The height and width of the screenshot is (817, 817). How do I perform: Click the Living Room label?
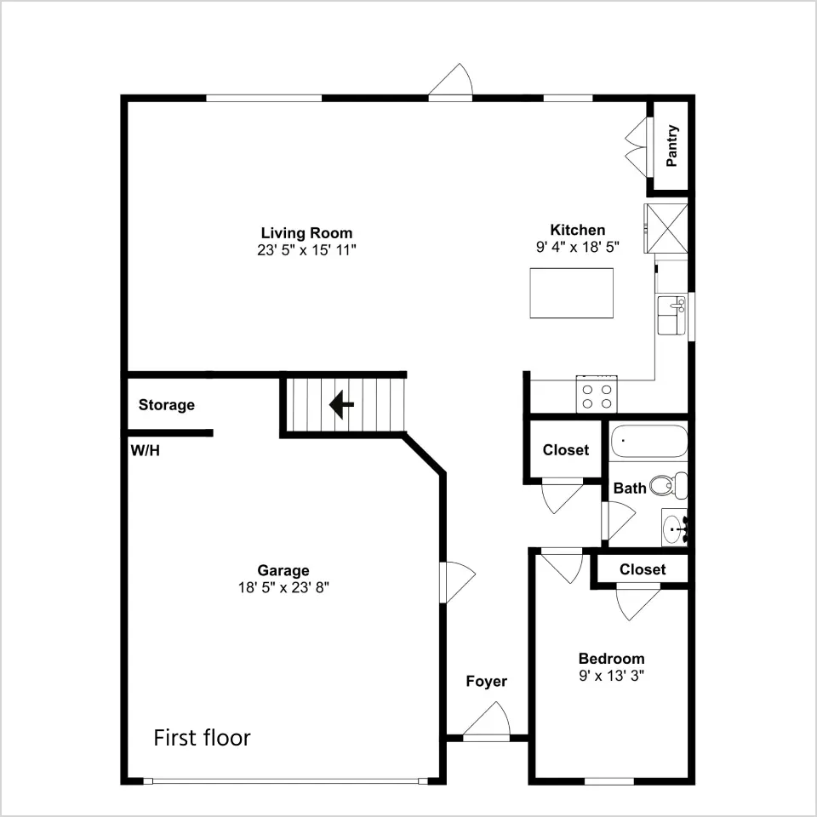pos(306,233)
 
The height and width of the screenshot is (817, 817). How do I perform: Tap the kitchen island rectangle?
pos(572,293)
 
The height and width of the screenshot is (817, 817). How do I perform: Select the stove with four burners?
pos(597,394)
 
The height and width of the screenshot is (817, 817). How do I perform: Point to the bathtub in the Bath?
pos(648,442)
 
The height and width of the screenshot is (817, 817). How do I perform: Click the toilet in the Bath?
pos(669,485)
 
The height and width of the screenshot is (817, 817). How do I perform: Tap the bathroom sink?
pos(675,528)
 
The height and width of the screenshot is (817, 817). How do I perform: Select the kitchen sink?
pos(671,315)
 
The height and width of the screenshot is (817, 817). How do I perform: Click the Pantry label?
pos(672,146)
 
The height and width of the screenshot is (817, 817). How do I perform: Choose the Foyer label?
pos(486,681)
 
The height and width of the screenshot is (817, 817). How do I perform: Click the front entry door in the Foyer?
pos(487,722)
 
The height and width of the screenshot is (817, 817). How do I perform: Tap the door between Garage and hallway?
pos(458,582)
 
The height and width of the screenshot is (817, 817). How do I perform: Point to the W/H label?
pos(145,450)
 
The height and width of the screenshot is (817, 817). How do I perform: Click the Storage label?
pos(167,405)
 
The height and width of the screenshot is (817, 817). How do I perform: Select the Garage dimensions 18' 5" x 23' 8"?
pos(284,588)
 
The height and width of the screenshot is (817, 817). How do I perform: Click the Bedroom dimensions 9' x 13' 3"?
pos(612,676)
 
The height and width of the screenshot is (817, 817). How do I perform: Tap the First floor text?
pos(203,738)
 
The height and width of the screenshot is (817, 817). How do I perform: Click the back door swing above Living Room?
pos(451,80)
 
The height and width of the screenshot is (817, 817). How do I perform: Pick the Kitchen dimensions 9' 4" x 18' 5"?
pos(578,247)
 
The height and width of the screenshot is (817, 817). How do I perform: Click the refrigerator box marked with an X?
pos(666,229)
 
